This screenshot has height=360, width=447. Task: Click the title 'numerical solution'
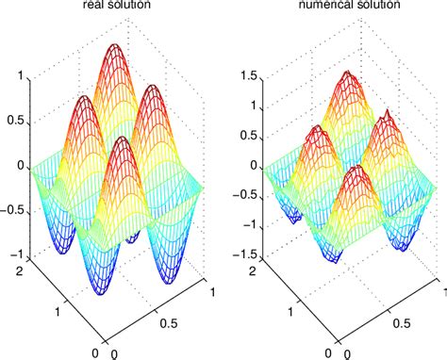[342, 7]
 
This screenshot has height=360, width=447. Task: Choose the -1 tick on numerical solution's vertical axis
[248, 227]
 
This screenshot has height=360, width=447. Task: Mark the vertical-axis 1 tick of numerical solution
[251, 105]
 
